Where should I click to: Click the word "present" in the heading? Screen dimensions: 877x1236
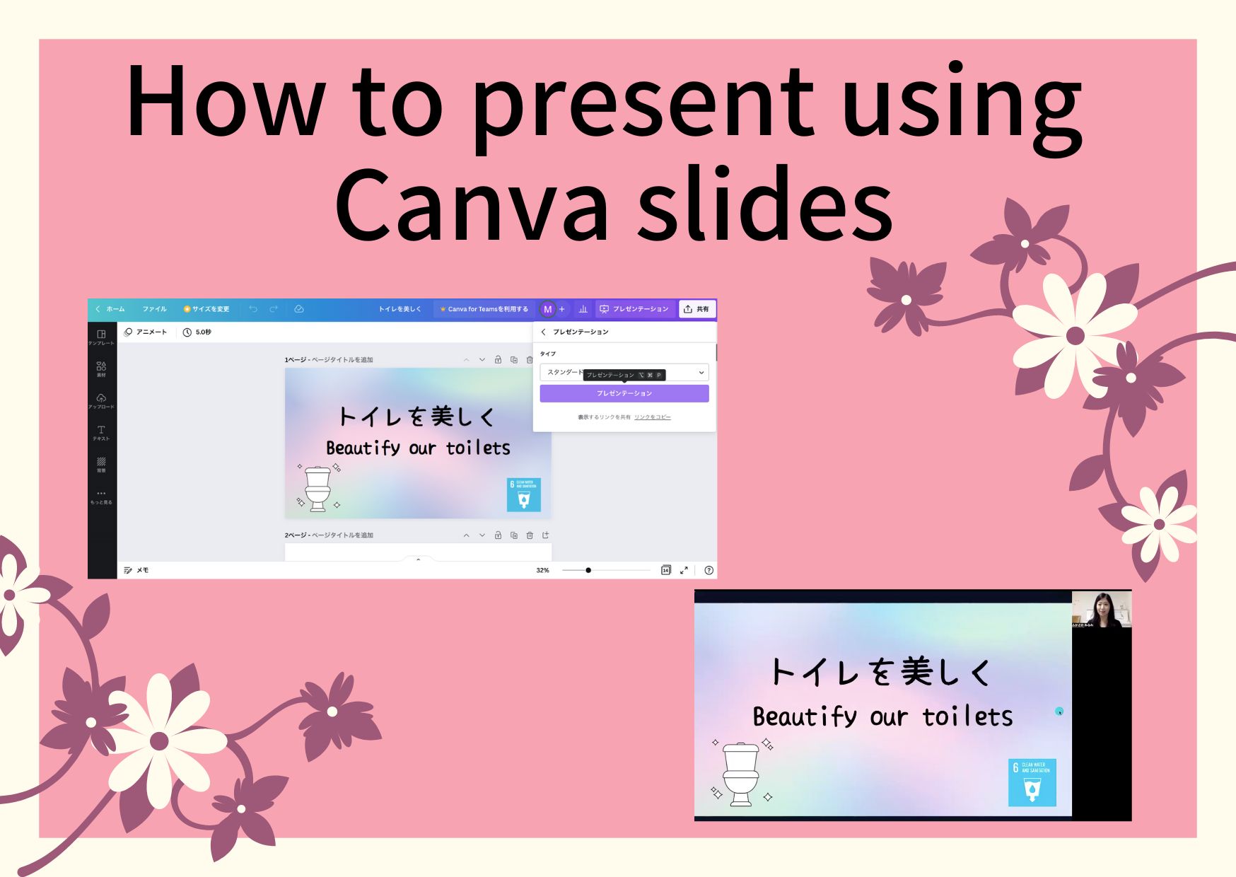point(643,103)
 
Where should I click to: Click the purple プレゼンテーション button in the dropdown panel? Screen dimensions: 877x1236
point(624,393)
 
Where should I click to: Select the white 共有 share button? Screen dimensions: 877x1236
point(696,309)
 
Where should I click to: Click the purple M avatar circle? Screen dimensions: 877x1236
point(547,309)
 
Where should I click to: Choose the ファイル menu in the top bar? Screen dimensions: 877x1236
point(154,309)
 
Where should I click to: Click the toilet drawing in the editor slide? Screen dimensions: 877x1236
point(317,488)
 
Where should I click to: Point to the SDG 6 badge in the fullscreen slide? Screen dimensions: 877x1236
point(1032,782)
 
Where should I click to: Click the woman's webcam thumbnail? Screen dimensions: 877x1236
point(1101,609)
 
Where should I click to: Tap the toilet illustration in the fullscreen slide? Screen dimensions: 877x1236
point(740,774)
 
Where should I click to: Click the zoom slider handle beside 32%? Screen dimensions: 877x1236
point(588,570)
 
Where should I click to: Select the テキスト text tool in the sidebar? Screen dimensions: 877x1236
point(101,432)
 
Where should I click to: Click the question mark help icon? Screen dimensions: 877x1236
point(709,570)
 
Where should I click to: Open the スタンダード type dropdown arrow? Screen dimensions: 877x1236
point(701,373)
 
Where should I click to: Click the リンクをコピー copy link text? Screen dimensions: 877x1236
point(652,417)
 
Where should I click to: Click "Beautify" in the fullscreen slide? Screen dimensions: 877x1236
point(804,717)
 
